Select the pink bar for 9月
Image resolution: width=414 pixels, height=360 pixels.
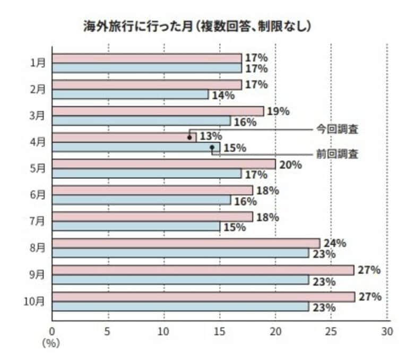click(x=203, y=270)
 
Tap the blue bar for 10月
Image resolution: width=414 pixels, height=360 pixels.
click(x=180, y=306)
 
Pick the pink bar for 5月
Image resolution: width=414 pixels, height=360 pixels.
click(x=164, y=164)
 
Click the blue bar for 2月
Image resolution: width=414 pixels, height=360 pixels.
click(x=131, y=95)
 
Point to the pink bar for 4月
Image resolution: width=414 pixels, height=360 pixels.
click(x=124, y=138)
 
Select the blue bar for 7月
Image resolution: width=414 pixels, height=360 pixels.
click(x=136, y=227)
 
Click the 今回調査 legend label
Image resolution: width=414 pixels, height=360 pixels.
click(x=338, y=129)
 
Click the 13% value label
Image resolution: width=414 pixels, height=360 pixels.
click(x=211, y=138)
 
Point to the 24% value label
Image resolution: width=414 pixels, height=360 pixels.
click(x=335, y=244)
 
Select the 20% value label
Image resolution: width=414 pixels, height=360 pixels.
click(x=290, y=165)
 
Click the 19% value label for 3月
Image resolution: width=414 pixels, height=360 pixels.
click(x=278, y=112)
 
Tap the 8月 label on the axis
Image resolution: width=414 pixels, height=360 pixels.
click(x=38, y=248)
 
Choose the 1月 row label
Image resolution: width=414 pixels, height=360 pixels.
click(x=38, y=63)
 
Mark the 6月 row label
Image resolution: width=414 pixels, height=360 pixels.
click(x=38, y=195)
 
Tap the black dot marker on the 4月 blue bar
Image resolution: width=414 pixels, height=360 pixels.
click(x=212, y=147)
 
